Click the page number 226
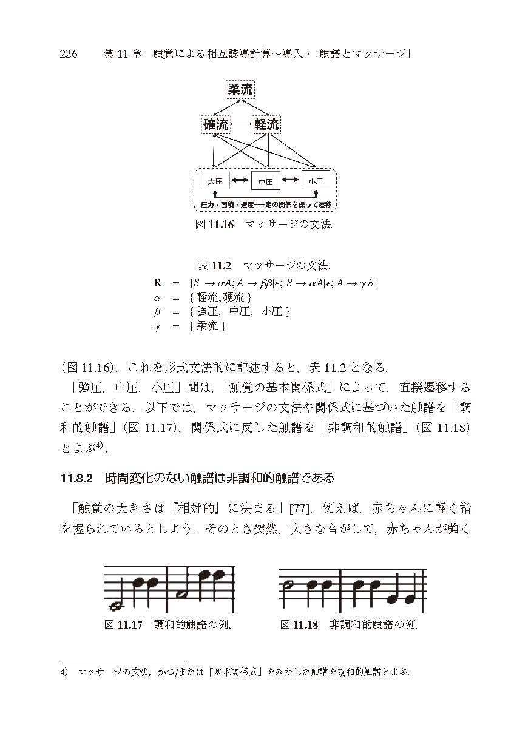pyautogui.click(x=69, y=55)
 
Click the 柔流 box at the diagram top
pyautogui.click(x=240, y=90)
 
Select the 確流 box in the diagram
pyautogui.click(x=216, y=124)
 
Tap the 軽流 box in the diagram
pyautogui.click(x=266, y=124)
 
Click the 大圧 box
pyautogui.click(x=215, y=181)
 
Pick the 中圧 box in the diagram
pyautogui.click(x=265, y=181)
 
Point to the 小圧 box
pyautogui.click(x=316, y=181)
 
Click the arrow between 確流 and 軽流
pyautogui.click(x=241, y=125)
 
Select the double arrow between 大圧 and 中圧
pyautogui.click(x=240, y=180)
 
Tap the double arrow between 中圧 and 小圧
pyautogui.click(x=291, y=180)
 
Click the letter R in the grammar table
pyautogui.click(x=158, y=282)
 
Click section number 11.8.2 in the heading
pyautogui.click(x=76, y=479)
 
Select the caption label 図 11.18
pyautogui.click(x=299, y=624)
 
